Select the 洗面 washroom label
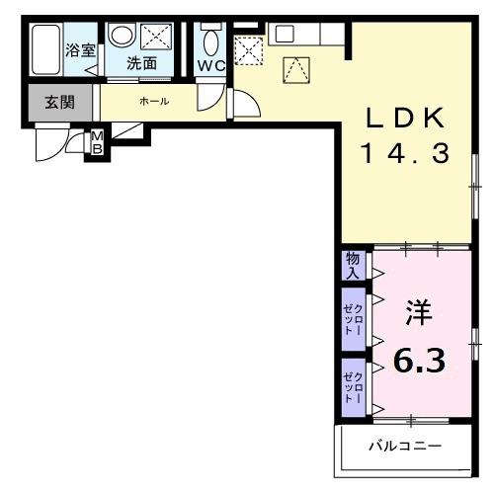point(140,63)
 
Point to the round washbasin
point(121,36)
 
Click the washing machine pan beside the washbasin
point(156,38)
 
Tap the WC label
point(210,65)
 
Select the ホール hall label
point(153,102)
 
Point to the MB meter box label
point(97,142)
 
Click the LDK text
point(406,119)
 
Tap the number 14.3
point(406,154)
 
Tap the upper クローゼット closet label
point(353,317)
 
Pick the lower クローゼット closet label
point(353,384)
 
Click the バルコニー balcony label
point(406,446)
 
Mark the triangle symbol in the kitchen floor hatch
point(295,69)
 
